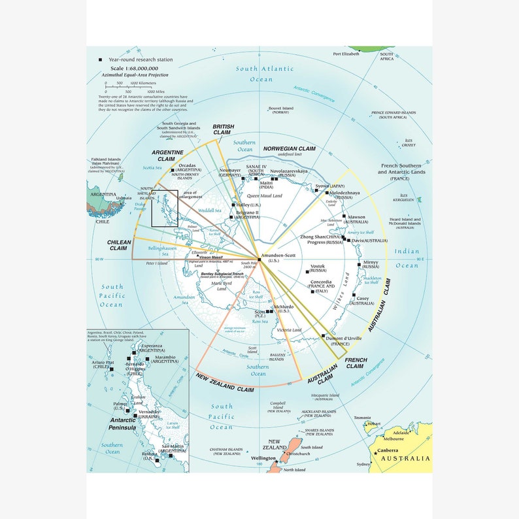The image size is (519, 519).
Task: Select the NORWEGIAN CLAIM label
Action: pyautogui.click(x=289, y=149)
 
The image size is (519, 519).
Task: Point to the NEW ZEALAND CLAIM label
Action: pyautogui.click(x=224, y=382)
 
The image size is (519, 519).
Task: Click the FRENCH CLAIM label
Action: pyautogui.click(x=356, y=363)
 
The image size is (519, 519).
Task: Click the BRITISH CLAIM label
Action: pyautogui.click(x=223, y=130)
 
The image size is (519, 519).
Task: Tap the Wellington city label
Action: pyautogui.click(x=263, y=459)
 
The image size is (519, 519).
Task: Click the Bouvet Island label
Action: pyautogui.click(x=280, y=109)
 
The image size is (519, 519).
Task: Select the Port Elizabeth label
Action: pyautogui.click(x=346, y=54)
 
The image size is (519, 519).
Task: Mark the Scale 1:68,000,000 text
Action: pyautogui.click(x=134, y=68)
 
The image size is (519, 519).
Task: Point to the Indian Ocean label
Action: pyautogui.click(x=407, y=258)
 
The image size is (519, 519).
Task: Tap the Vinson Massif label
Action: pyautogui.click(x=209, y=257)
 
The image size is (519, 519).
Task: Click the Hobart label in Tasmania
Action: pyautogui.click(x=374, y=424)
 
